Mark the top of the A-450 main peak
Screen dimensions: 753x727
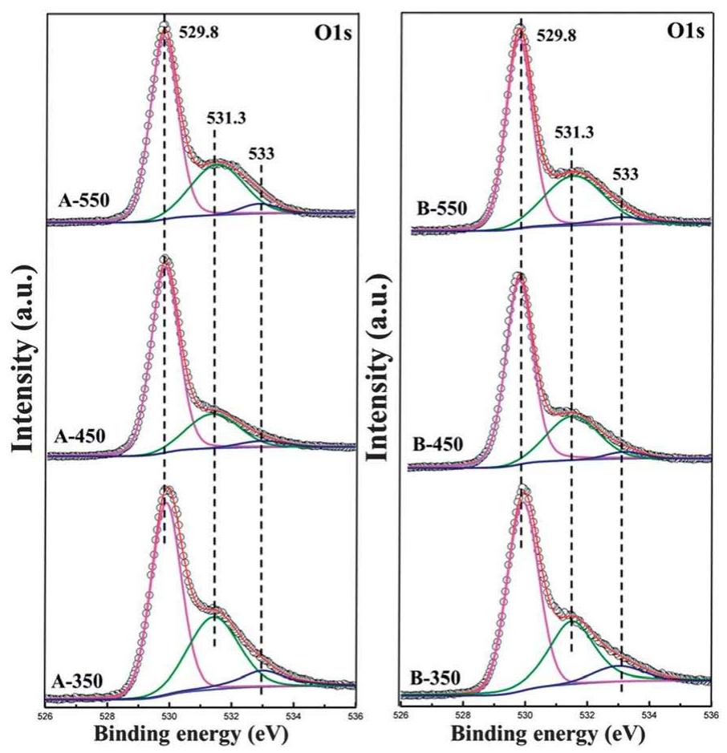click(x=164, y=261)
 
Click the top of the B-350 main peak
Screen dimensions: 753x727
click(x=522, y=491)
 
